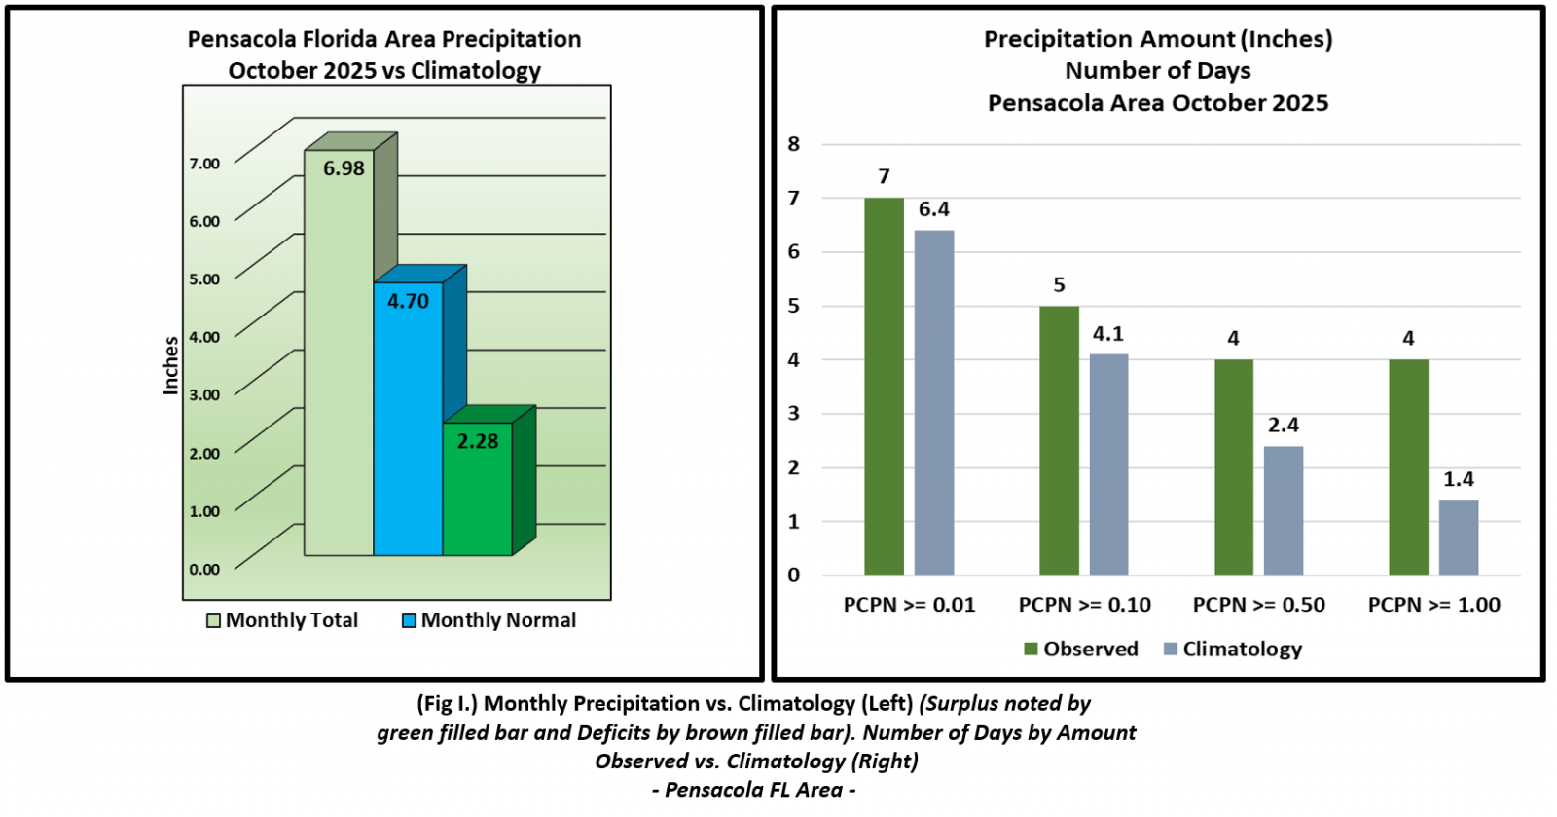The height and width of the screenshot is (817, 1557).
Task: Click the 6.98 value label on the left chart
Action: coord(344,168)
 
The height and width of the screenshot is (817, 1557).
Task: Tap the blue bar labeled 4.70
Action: coord(408,428)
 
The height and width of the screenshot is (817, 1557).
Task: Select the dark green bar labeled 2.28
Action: coord(477,497)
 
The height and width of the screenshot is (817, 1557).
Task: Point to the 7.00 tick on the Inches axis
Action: coord(204,164)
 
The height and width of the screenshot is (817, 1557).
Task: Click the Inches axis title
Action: coord(171,365)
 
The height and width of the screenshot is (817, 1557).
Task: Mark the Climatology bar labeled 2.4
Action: coord(1284,510)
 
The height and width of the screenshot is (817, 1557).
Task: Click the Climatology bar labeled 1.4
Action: coord(1459,538)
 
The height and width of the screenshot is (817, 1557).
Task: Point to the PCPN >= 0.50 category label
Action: coord(1259,605)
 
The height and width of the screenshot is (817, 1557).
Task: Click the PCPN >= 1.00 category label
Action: coord(1434,605)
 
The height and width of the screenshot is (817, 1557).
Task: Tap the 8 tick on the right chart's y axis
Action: coord(794,144)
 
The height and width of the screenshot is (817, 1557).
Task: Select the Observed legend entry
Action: coord(1081,650)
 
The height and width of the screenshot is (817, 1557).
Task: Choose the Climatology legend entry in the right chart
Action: coord(1233,650)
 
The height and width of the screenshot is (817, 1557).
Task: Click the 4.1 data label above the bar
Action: coord(1108,334)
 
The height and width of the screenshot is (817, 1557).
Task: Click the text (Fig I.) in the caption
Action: coord(448,703)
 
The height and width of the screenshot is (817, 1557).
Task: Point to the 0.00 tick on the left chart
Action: coord(204,570)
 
